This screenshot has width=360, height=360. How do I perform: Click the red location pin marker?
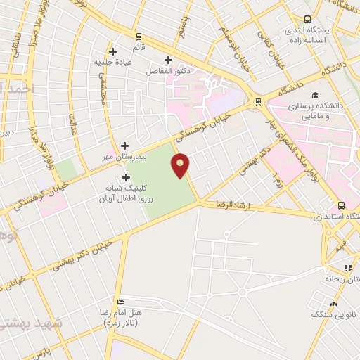point(181,165)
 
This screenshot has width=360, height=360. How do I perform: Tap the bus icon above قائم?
point(139,37)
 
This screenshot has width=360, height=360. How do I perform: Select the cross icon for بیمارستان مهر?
point(124,146)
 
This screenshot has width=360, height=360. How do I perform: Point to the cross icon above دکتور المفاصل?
point(168,60)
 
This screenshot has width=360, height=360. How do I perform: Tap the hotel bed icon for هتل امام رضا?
point(122,301)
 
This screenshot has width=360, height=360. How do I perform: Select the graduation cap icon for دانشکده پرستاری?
point(316,94)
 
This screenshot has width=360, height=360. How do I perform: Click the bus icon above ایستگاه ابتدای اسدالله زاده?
point(307,20)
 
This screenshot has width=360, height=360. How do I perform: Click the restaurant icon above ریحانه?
point(348,267)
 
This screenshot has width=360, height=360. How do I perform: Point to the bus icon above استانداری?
point(341,206)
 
